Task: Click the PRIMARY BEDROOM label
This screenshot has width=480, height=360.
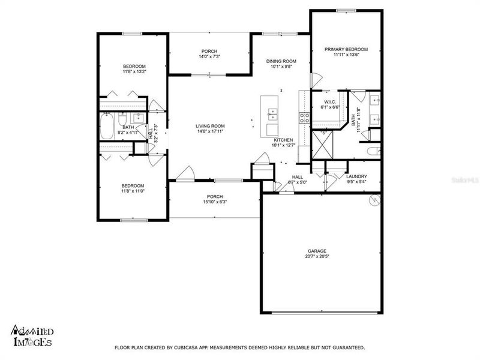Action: pyautogui.click(x=346, y=49)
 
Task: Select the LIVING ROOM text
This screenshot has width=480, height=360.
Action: pyautogui.click(x=210, y=126)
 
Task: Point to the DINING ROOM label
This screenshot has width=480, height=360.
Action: pyautogui.click(x=281, y=61)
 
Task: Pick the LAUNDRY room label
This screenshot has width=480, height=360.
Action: pyautogui.click(x=356, y=176)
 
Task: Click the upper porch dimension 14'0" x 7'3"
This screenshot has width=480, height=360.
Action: pyautogui.click(x=209, y=56)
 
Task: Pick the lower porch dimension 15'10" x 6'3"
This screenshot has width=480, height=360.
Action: pyautogui.click(x=214, y=202)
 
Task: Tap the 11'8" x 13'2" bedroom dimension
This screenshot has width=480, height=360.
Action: pyautogui.click(x=134, y=71)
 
